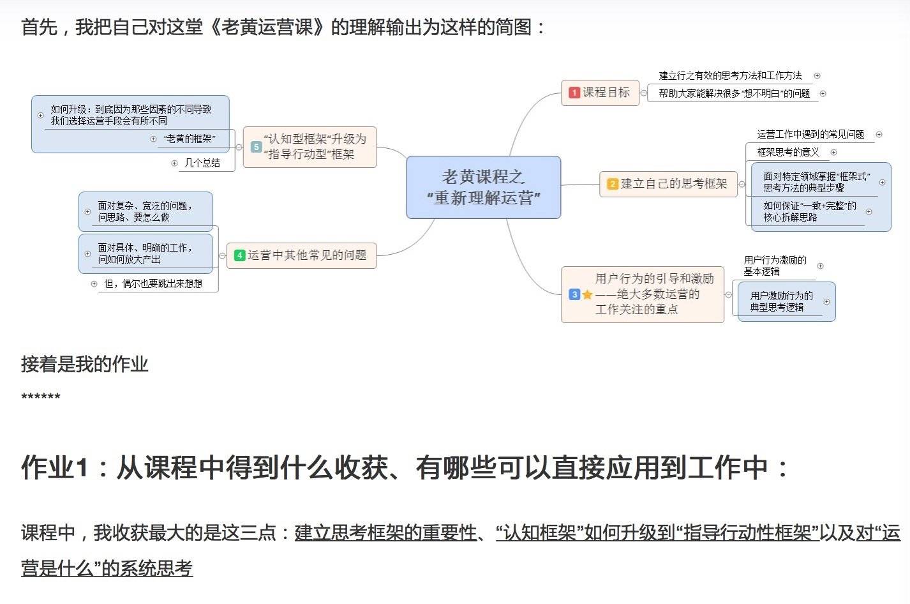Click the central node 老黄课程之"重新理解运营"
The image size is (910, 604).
click(484, 187)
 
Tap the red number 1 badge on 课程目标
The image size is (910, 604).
click(574, 93)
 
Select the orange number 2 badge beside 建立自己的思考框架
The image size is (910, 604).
click(612, 184)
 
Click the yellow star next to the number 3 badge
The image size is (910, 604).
click(587, 294)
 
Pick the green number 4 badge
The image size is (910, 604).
click(240, 255)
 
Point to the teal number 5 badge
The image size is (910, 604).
click(256, 147)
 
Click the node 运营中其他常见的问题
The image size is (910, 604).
click(301, 255)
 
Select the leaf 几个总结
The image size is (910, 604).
click(202, 163)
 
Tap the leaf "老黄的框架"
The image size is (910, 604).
click(190, 139)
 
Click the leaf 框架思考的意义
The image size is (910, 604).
click(788, 153)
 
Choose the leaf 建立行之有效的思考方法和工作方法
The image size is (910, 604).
click(730, 75)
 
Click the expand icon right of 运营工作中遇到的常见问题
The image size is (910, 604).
click(879, 135)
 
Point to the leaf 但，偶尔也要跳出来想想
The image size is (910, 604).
click(153, 283)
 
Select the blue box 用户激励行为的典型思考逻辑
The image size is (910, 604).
click(786, 301)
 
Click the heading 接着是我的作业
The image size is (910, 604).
click(84, 364)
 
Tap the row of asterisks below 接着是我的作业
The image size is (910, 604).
click(41, 396)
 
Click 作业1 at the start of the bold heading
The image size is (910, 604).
click(54, 467)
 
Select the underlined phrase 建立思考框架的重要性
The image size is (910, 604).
click(385, 533)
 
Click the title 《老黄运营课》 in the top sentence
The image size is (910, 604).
click(268, 27)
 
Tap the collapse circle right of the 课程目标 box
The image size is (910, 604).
click(643, 93)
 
